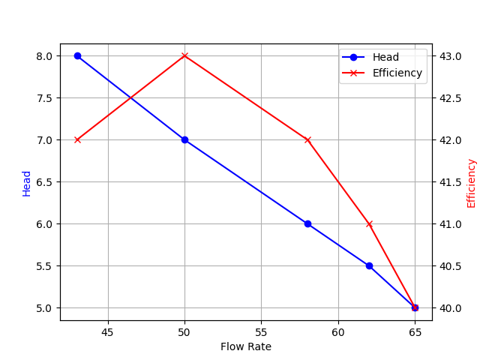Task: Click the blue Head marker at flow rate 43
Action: click(77, 55)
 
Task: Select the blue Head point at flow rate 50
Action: click(184, 139)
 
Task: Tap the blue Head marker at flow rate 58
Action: click(307, 223)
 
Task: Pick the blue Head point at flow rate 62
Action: click(369, 265)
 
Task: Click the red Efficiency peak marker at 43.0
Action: click(184, 55)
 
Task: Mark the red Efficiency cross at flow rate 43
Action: click(77, 139)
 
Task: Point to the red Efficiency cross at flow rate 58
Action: click(307, 139)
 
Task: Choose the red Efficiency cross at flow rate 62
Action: click(369, 223)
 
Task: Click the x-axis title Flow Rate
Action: click(246, 346)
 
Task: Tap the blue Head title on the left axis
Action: click(27, 183)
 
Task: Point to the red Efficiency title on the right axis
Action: click(471, 183)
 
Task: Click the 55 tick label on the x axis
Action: click(261, 331)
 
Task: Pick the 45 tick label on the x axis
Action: click(108, 331)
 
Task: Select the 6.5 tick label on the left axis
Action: click(43, 181)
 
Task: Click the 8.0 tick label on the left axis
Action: click(43, 55)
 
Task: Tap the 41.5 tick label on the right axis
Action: click(450, 181)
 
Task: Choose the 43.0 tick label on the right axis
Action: click(450, 55)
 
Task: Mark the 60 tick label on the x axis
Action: click(338, 331)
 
